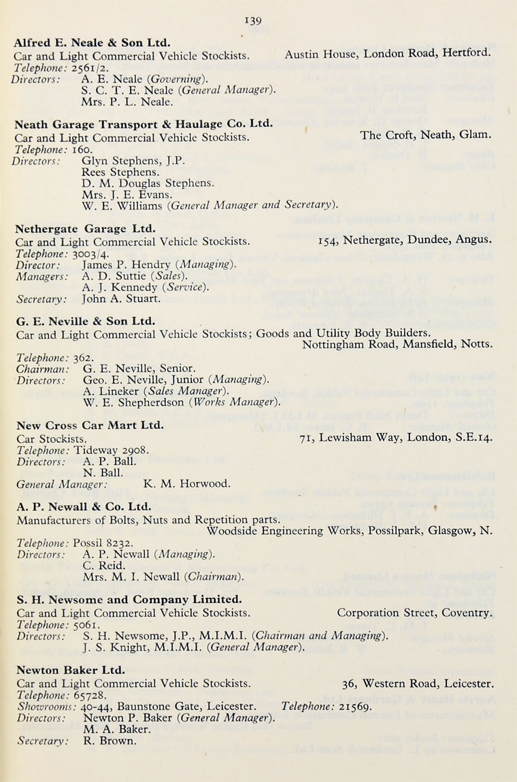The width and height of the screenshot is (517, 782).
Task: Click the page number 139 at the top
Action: click(x=254, y=21)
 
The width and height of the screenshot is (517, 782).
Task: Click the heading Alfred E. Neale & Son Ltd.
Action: click(x=92, y=42)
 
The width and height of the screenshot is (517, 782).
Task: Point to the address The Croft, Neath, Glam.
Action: click(x=425, y=135)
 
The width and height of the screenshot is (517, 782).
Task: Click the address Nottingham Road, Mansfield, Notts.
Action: click(x=398, y=344)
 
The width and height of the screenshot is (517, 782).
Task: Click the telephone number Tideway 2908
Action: click(x=112, y=449)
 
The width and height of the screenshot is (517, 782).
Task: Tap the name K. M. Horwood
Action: click(x=187, y=484)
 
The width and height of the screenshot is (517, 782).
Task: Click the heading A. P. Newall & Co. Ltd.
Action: click(x=84, y=507)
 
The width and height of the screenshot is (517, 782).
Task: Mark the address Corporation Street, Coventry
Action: click(x=414, y=613)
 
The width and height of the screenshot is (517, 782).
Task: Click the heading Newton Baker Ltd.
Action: click(x=71, y=670)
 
